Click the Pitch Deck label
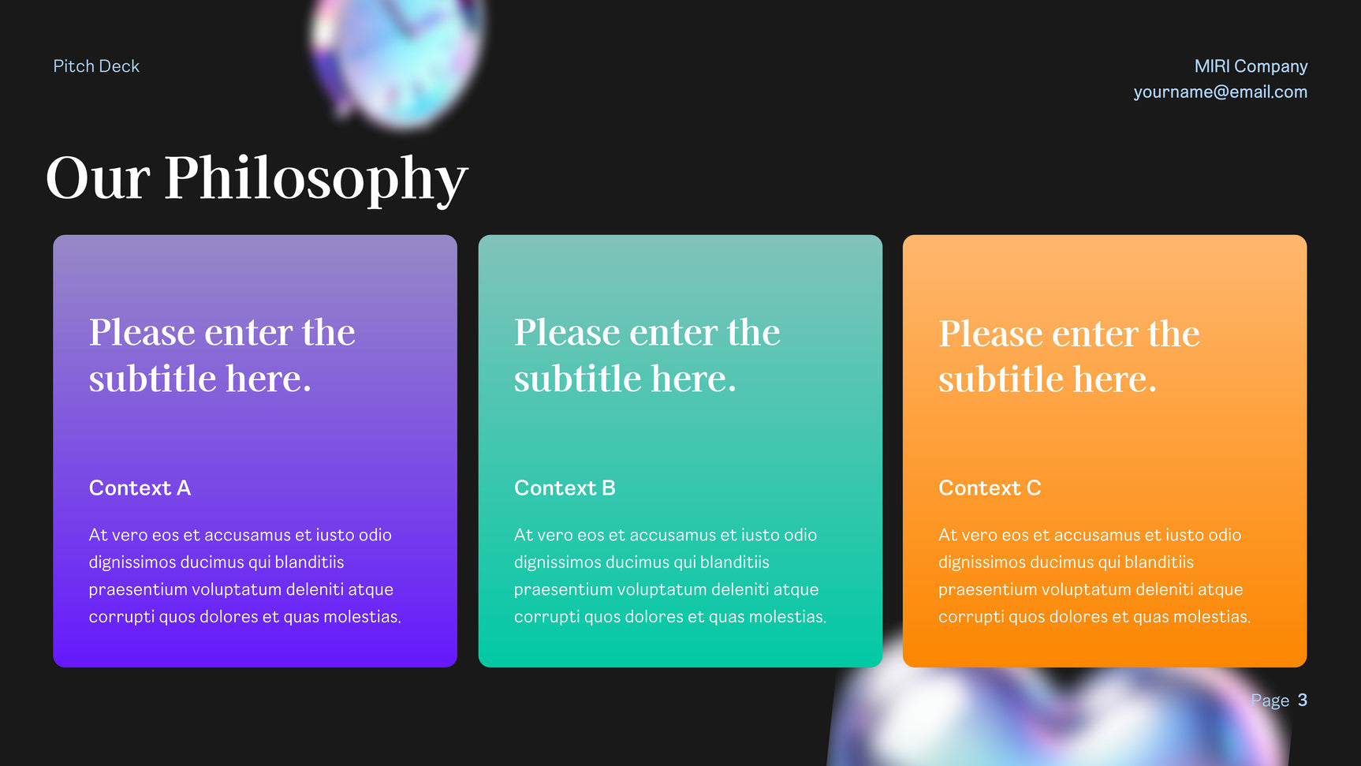tap(96, 66)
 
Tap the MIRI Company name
tap(1251, 66)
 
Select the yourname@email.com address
tap(1220, 92)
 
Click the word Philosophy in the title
tap(316, 181)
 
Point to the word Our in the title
tap(98, 177)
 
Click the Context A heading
tap(140, 488)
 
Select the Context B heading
tap(565, 488)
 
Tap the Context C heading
tap(990, 488)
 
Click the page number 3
tap(1303, 700)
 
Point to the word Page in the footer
tap(1270, 701)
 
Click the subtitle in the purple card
tap(222, 355)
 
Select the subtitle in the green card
tap(647, 355)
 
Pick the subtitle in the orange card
tap(1069, 356)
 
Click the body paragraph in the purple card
tap(244, 576)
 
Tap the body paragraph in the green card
tap(670, 576)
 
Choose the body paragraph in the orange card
tap(1094, 576)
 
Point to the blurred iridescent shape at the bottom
tap(1057, 710)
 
